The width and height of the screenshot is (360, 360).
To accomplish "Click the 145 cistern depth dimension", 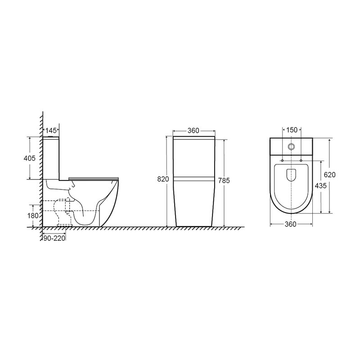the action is click(51, 130).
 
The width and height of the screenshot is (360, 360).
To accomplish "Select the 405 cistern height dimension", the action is click(30, 158).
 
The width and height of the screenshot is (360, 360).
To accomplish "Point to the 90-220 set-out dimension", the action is click(54, 238).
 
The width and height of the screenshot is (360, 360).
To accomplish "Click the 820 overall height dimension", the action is click(163, 179).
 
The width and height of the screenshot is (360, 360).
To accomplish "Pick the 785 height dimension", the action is click(224, 181).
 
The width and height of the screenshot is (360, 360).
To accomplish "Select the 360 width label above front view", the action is click(193, 130).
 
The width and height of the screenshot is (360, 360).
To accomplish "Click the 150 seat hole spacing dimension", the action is click(292, 130).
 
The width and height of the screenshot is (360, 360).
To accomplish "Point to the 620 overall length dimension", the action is click(330, 175).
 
